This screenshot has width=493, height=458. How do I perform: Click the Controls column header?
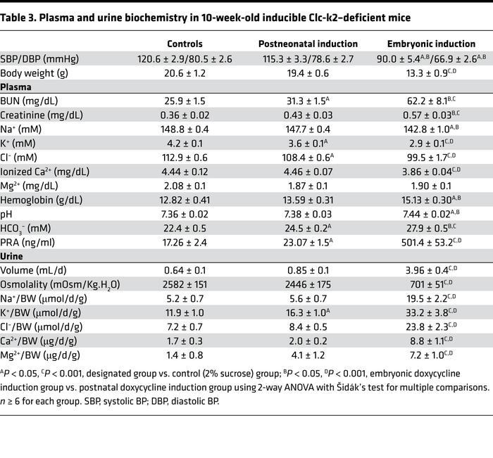(185, 44)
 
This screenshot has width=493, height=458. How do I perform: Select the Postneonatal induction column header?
(308, 44)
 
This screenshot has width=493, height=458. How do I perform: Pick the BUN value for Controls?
(185, 103)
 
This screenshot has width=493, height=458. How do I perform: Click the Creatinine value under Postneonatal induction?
(308, 117)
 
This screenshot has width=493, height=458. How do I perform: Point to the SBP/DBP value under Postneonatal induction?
(308, 59)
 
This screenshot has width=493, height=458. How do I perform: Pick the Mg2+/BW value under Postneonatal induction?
(308, 355)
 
